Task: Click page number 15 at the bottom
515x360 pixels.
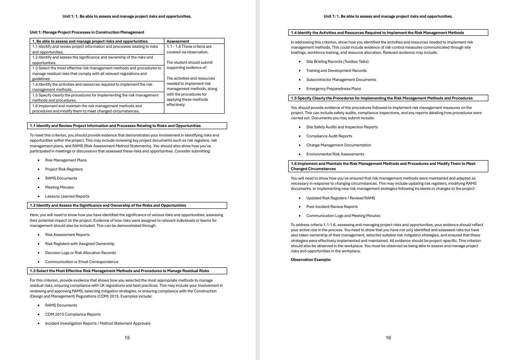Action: click(127, 338)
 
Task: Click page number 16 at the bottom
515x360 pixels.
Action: click(388, 338)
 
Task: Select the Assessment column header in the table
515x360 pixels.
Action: click(178, 41)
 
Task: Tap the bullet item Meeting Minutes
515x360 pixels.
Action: click(59, 187)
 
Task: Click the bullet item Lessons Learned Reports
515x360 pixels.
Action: click(67, 196)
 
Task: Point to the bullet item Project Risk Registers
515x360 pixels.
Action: click(64, 169)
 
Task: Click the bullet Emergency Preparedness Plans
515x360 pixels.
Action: click(333, 89)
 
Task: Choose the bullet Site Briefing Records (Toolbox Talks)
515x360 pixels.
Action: click(337, 62)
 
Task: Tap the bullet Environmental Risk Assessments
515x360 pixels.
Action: click(335, 154)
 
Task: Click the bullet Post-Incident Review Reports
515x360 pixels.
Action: click(332, 207)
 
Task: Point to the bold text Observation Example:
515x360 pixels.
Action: click(311, 260)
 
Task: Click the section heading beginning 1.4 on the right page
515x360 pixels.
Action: click(377, 33)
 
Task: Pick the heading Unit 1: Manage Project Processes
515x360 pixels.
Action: click(87, 32)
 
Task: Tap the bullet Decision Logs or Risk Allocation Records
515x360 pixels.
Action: click(80, 253)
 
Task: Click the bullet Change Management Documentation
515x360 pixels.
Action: click(339, 145)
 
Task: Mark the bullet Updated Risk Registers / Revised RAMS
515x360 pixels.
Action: click(340, 198)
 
